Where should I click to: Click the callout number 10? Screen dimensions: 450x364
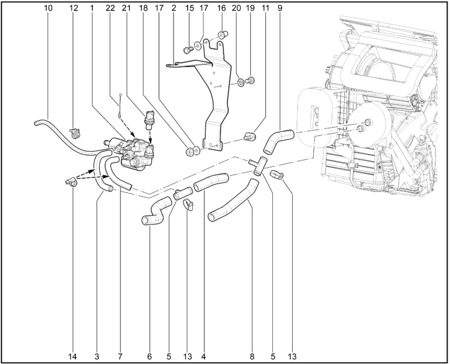[48, 8]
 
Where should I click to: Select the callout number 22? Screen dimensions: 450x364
[110, 8]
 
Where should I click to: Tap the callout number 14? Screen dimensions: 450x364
[72, 356]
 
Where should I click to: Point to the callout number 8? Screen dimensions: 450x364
[252, 356]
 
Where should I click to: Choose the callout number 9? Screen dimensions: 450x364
[280, 8]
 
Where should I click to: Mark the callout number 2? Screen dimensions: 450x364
[174, 8]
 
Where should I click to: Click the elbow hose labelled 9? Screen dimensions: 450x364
[277, 141]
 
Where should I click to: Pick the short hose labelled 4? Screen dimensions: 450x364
[211, 182]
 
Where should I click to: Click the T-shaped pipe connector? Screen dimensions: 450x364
[258, 165]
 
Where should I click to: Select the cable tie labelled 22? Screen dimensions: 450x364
[119, 107]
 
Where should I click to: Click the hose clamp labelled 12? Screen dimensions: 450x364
[75, 132]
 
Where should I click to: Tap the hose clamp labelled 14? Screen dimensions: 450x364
[71, 182]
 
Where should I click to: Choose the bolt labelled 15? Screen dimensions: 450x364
[188, 50]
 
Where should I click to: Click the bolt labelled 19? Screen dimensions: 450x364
[250, 80]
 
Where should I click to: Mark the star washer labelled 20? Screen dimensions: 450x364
[241, 83]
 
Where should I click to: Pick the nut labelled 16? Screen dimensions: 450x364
[223, 35]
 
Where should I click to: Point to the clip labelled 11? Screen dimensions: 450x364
[250, 136]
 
